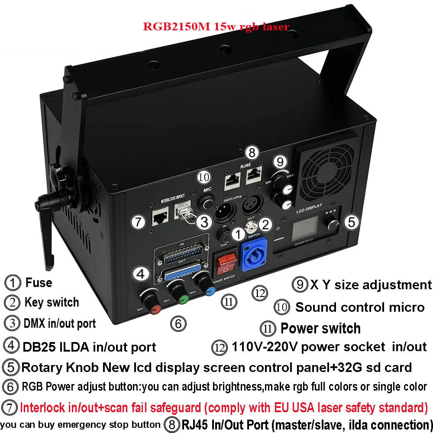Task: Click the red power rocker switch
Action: pos(226,262)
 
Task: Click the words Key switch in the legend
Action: pos(52,302)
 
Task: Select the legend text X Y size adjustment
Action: pos(371,284)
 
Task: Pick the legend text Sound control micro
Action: pos(359,307)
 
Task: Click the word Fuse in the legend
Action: pos(39,283)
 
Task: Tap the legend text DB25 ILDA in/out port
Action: pos(89,346)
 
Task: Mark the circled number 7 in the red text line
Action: pos(10,408)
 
